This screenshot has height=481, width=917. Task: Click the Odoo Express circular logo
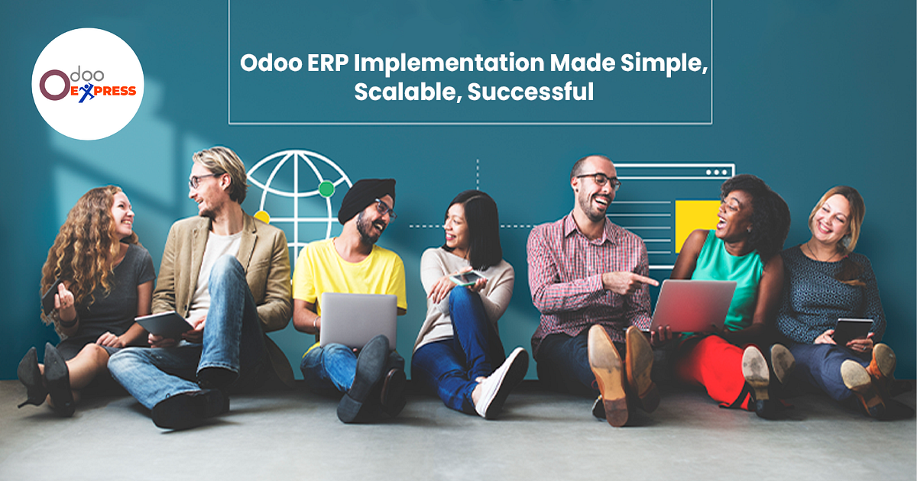point(87,84)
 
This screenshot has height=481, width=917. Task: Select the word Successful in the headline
point(530,92)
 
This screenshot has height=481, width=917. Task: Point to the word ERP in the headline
point(322,63)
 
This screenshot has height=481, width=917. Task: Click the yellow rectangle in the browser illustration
point(697,224)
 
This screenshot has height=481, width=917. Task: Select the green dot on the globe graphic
point(326,189)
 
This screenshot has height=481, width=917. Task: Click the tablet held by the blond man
point(164,324)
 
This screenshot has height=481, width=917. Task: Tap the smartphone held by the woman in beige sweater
point(468,278)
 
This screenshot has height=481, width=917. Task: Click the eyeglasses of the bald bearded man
point(598,180)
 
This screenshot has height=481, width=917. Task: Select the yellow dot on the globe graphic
point(262,217)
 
